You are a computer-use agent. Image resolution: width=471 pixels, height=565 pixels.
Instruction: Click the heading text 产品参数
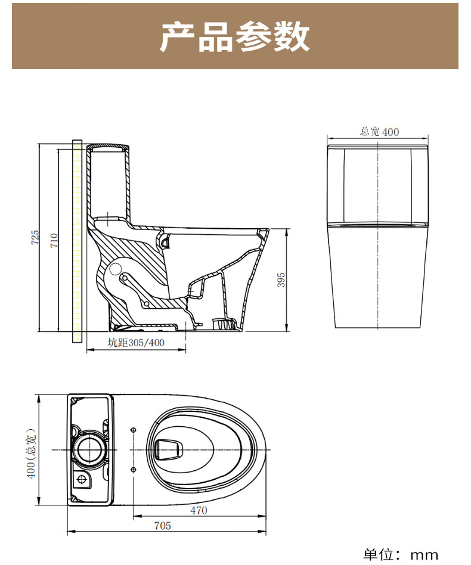pyautogui.click(x=235, y=37)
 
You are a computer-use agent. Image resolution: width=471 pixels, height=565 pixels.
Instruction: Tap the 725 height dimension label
pyautogui.click(x=35, y=237)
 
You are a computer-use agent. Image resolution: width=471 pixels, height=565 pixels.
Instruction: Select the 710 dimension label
pyautogui.click(x=54, y=240)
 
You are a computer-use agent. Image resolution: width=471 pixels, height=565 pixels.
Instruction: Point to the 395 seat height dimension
pyautogui.click(x=281, y=280)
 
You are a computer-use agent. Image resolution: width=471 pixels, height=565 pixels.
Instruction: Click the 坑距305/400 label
pyautogui.click(x=136, y=343)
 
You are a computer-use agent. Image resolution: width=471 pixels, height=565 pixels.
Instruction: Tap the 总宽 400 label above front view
pyautogui.click(x=379, y=132)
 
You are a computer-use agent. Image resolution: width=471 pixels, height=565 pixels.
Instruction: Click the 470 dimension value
pyautogui.click(x=199, y=510)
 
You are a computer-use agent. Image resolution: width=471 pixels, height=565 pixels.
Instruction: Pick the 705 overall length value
pyautogui.click(x=162, y=526)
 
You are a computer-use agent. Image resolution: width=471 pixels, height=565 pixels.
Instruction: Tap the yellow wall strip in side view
pyautogui.click(x=76, y=241)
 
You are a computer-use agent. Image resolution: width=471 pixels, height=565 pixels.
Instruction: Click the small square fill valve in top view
pyautogui.click(x=82, y=478)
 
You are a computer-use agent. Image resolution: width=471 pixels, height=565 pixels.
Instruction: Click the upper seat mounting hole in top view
pyautogui.click(x=132, y=429)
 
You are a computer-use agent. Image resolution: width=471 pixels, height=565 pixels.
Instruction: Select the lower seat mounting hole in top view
pyautogui.click(x=132, y=468)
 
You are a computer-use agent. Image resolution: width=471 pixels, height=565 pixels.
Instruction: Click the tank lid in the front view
pyautogui.click(x=378, y=147)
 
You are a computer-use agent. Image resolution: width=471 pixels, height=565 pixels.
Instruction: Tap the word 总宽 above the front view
pyautogui.click(x=370, y=132)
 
